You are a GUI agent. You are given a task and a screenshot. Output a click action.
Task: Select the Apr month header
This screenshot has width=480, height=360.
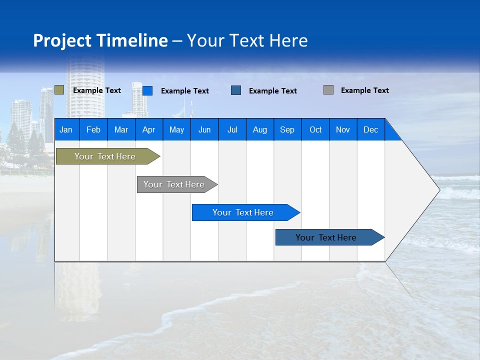click(149, 129)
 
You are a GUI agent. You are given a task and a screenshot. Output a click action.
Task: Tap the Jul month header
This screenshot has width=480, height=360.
click(232, 129)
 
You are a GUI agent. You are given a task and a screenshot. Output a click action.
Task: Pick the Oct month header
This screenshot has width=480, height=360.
click(315, 129)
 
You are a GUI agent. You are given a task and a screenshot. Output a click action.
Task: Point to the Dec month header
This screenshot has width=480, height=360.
click(371, 129)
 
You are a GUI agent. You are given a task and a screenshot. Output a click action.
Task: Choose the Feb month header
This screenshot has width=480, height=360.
click(93, 129)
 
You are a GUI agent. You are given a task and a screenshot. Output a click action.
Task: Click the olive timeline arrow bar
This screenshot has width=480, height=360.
click(108, 156)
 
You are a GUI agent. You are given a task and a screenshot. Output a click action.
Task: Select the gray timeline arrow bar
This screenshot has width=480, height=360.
click(177, 184)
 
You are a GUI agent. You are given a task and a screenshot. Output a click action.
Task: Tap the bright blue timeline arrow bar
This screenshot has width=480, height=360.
click(246, 212)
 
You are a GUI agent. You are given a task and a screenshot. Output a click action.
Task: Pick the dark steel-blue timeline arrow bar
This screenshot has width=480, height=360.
click(330, 237)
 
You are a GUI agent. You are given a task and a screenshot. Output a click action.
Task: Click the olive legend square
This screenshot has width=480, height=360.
click(59, 89)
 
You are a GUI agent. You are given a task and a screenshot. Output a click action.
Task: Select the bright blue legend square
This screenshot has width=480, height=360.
click(147, 90)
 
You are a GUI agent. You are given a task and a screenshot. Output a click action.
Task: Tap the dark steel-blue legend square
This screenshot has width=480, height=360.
click(236, 90)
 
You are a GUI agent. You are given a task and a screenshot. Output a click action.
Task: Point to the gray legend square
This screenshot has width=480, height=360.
click(328, 89)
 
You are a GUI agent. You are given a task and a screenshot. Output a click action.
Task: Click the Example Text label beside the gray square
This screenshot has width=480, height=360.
click(365, 90)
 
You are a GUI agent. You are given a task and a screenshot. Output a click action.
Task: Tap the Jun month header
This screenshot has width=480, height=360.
click(204, 129)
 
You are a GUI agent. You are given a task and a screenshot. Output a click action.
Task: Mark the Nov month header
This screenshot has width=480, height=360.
click(343, 129)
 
